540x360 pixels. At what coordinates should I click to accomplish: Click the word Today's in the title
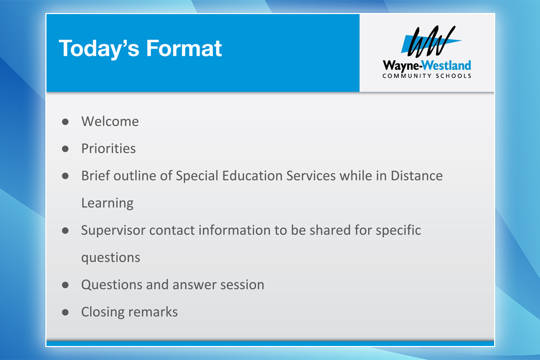pos(99,49)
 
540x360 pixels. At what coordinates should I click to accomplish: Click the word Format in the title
pos(184,48)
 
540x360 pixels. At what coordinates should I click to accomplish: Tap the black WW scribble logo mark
pos(431,41)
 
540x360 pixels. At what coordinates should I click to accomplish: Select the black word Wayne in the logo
pos(401,66)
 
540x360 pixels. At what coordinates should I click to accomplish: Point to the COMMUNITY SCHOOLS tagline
pos(427,76)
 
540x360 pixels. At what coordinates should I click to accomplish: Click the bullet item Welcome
pos(110,121)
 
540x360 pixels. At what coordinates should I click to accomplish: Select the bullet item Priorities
pos(109,148)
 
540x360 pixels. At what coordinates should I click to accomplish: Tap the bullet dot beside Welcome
pos(65,121)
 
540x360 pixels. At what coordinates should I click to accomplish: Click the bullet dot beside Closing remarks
pos(65,312)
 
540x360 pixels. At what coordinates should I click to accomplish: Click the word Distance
pos(416,176)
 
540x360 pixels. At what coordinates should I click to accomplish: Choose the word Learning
pos(107,203)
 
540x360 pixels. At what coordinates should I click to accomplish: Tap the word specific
pos(398,230)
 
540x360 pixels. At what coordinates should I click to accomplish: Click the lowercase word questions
pos(111,258)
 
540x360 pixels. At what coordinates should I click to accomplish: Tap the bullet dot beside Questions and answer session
pos(65,285)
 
